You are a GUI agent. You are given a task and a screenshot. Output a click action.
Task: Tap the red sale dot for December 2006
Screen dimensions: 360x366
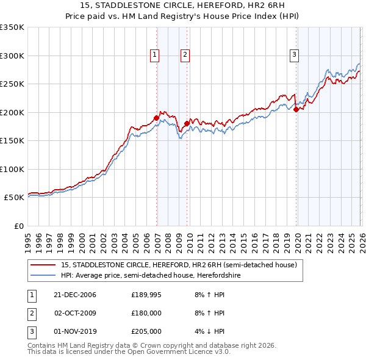[x=157, y=118]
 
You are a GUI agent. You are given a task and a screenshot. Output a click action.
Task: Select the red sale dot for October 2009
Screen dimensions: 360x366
[x=187, y=123]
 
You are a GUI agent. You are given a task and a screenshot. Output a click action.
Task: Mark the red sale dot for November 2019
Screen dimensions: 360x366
[x=296, y=110]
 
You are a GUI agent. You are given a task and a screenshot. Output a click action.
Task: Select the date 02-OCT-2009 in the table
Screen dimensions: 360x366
[x=75, y=313]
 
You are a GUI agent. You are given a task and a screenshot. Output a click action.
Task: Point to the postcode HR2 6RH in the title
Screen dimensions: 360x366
[x=264, y=6]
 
